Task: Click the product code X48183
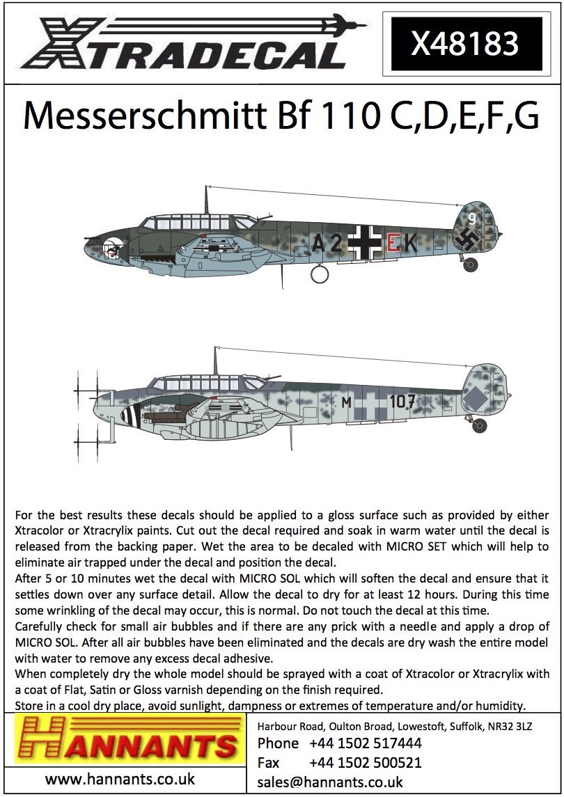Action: pos(465,45)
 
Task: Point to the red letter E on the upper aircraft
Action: pos(393,242)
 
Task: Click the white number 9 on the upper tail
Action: pos(471,218)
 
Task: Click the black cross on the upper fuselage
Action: pos(365,242)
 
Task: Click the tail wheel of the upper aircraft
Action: pos(471,264)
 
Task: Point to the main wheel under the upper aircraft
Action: pos(318,274)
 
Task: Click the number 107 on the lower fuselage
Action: pos(402,402)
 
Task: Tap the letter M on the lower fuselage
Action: pos(347,402)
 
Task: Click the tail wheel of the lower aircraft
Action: pos(480,425)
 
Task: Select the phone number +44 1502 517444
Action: pos(365,743)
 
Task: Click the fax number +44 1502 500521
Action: pos(365,762)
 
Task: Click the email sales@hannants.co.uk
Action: pos(329,782)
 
